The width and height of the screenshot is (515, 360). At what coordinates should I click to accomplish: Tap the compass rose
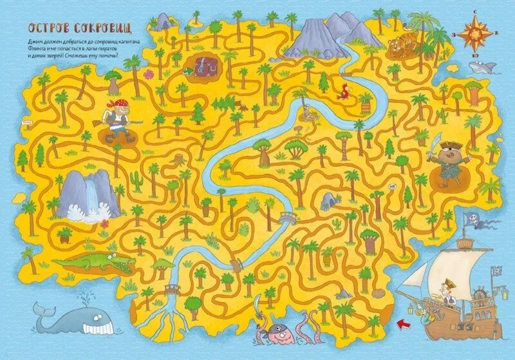pos(476,32)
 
